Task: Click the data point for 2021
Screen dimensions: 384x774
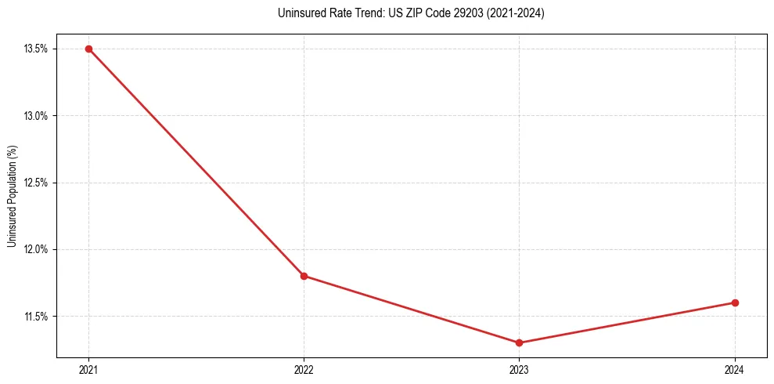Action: click(x=88, y=49)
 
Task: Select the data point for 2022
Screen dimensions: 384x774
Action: click(x=304, y=276)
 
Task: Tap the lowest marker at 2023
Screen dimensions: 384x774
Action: click(x=520, y=342)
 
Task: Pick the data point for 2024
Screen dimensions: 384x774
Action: click(x=735, y=302)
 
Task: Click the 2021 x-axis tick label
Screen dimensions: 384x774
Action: click(x=88, y=369)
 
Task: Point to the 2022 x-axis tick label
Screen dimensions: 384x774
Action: click(x=304, y=369)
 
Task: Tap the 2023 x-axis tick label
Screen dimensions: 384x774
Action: click(x=520, y=369)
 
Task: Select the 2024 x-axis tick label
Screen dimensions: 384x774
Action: click(x=735, y=369)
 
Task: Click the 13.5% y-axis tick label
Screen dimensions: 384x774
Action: click(x=36, y=49)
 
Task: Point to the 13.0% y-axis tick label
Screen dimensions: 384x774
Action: click(x=36, y=116)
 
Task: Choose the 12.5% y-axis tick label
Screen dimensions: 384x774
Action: click(x=36, y=183)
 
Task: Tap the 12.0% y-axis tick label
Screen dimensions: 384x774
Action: click(x=36, y=249)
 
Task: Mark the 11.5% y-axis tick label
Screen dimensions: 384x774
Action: click(x=36, y=317)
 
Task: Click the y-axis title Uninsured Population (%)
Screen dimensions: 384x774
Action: click(x=12, y=196)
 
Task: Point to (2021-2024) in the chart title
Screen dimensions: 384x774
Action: click(x=516, y=13)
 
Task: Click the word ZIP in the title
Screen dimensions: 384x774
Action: click(x=412, y=13)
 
